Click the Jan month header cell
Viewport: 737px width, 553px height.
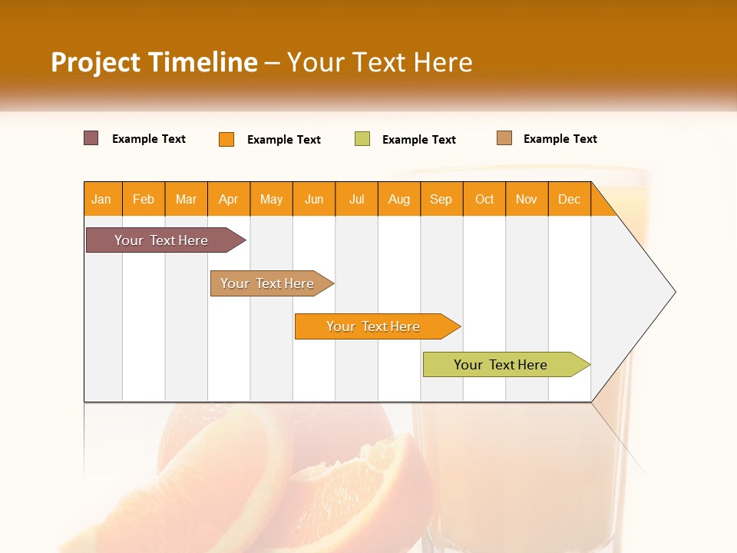point(102,199)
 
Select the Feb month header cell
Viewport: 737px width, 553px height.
point(144,199)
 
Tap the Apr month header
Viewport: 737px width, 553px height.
point(229,199)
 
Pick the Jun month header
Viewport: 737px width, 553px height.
point(314,199)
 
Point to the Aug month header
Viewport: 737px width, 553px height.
point(399,199)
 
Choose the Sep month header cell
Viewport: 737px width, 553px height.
point(441,199)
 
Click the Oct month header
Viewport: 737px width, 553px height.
point(484,199)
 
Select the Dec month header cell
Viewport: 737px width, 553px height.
point(570,199)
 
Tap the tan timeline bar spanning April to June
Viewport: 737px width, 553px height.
point(269,283)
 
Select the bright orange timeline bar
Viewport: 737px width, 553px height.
point(375,326)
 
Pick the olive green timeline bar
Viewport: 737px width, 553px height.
point(503,365)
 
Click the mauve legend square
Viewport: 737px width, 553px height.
point(91,138)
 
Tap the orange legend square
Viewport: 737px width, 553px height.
point(226,139)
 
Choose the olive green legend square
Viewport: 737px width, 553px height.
point(362,139)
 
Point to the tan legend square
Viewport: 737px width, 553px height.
point(504,138)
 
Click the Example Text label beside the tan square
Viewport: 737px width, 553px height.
point(560,139)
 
